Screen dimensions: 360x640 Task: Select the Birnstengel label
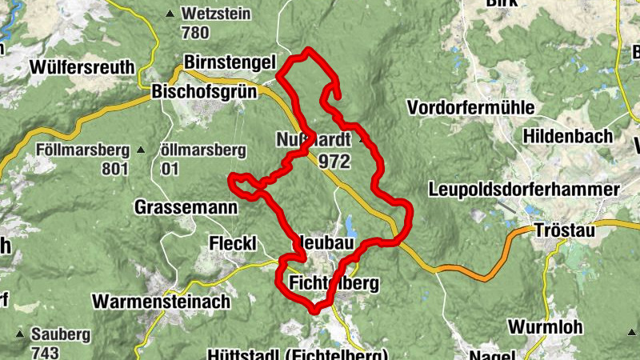[x=229, y=62]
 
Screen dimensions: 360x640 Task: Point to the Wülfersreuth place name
[x=82, y=67]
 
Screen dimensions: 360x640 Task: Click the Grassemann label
[x=186, y=208]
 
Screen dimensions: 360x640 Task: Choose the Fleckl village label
[x=231, y=243]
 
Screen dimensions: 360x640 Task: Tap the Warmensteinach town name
[x=161, y=302]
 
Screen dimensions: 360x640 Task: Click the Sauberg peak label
[x=61, y=334]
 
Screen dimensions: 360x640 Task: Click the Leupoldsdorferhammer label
[x=524, y=190]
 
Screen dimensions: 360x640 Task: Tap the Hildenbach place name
[x=568, y=137]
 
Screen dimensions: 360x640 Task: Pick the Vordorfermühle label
[x=469, y=107]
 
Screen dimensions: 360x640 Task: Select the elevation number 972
[x=334, y=162]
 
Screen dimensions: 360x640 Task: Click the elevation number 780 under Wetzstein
[x=194, y=33]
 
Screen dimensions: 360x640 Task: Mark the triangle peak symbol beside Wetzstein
[x=170, y=14]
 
